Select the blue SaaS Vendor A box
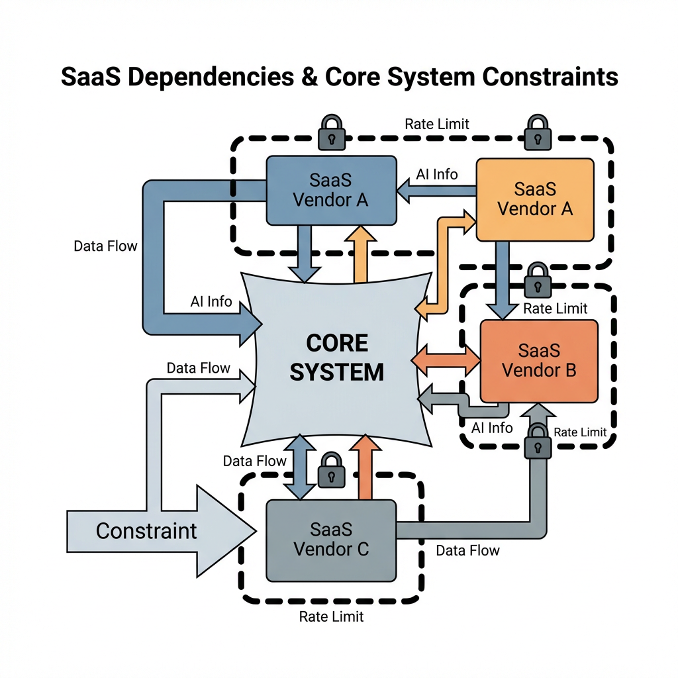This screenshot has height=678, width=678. pyautogui.click(x=330, y=190)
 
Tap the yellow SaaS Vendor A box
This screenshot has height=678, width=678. pyautogui.click(x=534, y=199)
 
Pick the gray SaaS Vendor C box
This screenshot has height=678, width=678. pyautogui.click(x=330, y=540)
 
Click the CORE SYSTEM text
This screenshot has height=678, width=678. pyautogui.click(x=337, y=358)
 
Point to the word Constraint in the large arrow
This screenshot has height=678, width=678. pyautogui.click(x=146, y=530)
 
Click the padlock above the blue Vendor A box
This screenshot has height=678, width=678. pyautogui.click(x=329, y=132)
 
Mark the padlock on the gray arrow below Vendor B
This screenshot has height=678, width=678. pyautogui.click(x=537, y=440)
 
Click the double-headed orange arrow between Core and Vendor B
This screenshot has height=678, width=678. pyautogui.click(x=446, y=360)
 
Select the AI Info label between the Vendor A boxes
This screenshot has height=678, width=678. pyautogui.click(x=436, y=174)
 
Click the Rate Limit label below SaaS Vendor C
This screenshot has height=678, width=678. pyautogui.click(x=331, y=617)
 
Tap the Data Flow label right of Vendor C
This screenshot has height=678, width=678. pyautogui.click(x=467, y=550)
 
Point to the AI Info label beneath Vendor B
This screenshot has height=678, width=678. pyautogui.click(x=491, y=428)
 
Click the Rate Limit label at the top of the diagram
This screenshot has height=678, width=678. pyautogui.click(x=436, y=124)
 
